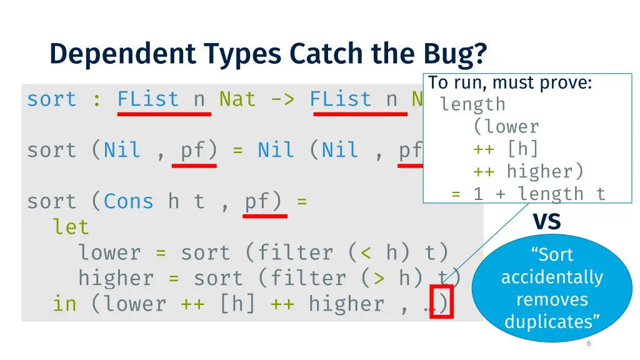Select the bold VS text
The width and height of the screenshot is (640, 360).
coord(546,221)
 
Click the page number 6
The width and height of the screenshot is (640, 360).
coord(589,344)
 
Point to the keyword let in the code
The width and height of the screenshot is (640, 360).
coord(71,227)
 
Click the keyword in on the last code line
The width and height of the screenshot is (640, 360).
coord(64,304)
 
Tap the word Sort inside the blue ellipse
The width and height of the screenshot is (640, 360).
coord(552,255)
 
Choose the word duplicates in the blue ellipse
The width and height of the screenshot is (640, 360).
coord(552,322)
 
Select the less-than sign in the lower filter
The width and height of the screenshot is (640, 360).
coord(366,252)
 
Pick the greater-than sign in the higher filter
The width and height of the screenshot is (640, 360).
coord(379,278)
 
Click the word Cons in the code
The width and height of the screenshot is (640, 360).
coord(128,201)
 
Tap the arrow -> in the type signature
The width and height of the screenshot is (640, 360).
coord(282,99)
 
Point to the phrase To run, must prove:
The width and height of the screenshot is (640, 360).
coord(510,82)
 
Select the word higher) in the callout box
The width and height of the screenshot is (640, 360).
coord(545,171)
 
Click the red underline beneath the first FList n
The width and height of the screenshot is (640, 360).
coord(164,114)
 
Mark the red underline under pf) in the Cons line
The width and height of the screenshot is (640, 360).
coord(265,216)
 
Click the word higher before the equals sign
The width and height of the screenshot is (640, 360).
coord(116,278)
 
